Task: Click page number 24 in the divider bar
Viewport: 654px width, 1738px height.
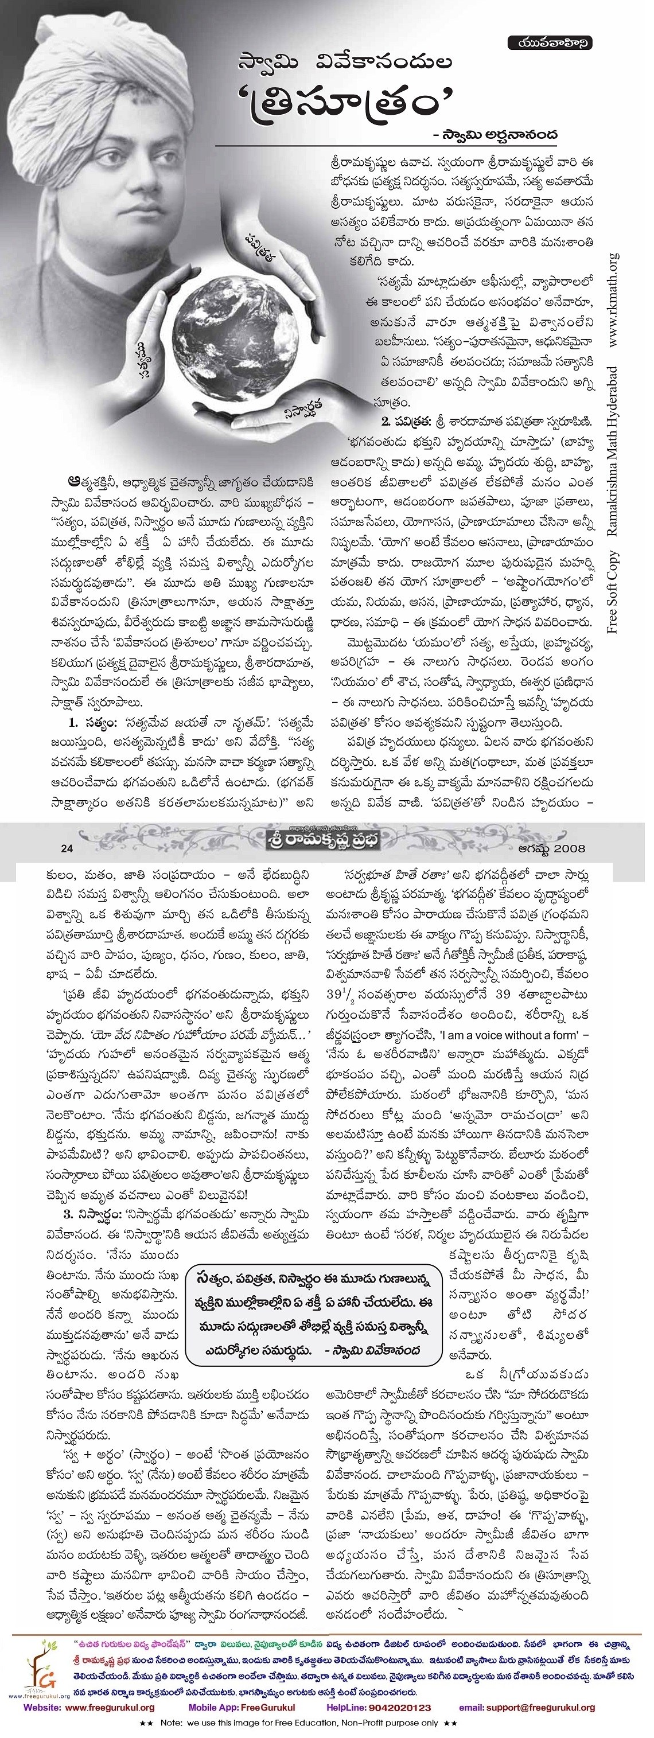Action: click(66, 849)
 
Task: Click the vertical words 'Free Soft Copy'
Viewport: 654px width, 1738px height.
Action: click(613, 594)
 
